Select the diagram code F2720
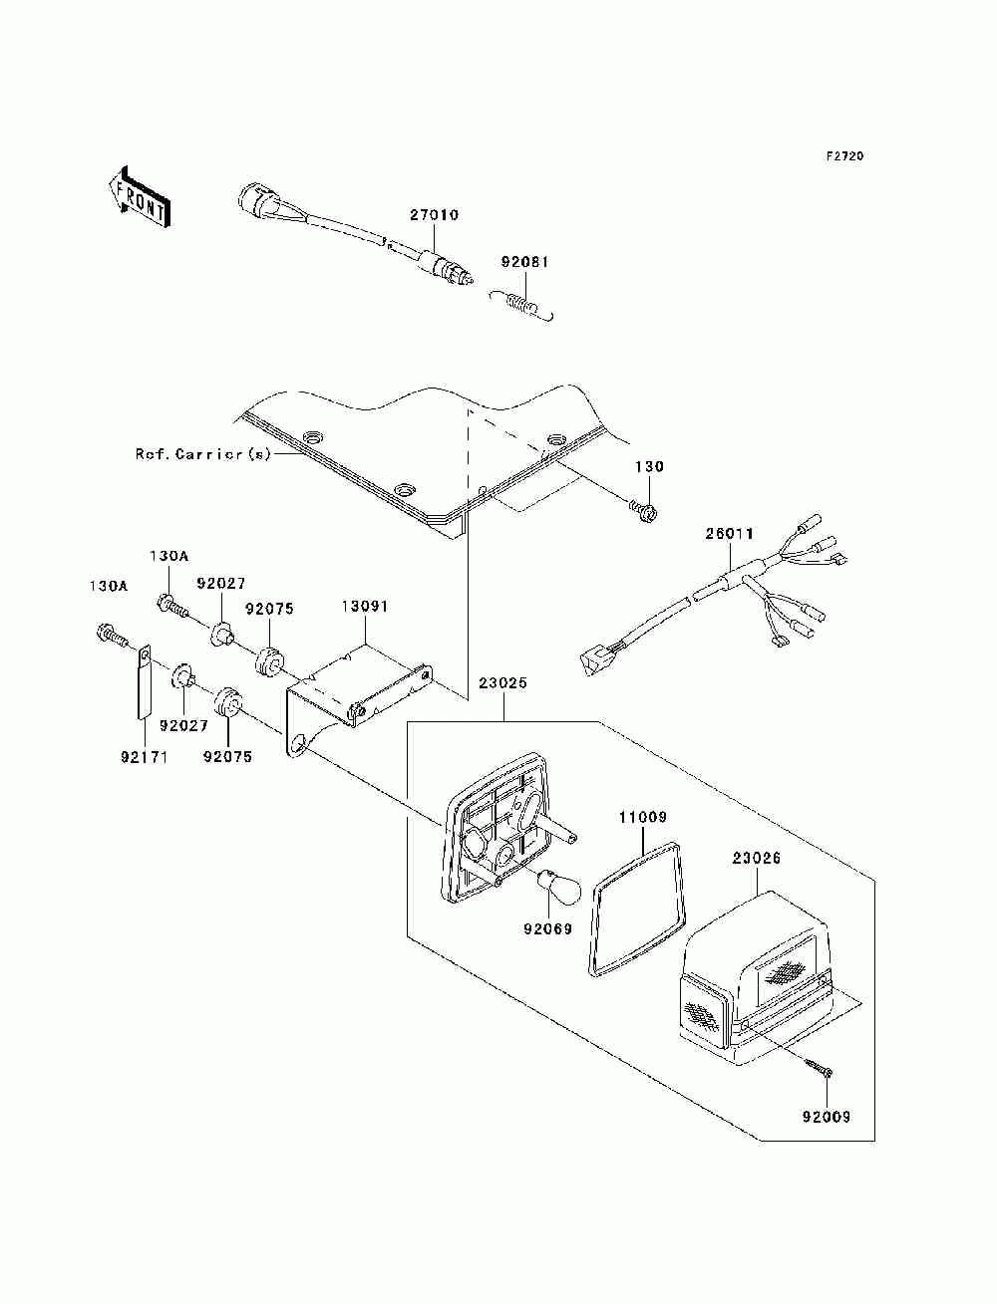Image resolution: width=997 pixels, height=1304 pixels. pos(844,156)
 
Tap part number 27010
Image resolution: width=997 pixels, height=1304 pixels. pos(434,214)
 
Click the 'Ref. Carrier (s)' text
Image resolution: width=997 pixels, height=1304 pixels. pos(202,454)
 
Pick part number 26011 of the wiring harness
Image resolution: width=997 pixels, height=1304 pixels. pos(729,534)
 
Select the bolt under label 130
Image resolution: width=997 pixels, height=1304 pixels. pos(643,507)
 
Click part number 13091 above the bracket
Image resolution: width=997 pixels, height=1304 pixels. pos(365,607)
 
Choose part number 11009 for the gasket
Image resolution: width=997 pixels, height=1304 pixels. pos(643,818)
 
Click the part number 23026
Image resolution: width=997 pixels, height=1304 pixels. pos(756,858)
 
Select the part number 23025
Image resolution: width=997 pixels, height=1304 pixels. pos(502,683)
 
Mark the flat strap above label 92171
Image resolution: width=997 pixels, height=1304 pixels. pos(144,683)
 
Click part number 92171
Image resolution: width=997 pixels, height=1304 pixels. pos(144,757)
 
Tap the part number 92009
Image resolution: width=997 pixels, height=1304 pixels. pos(827,1117)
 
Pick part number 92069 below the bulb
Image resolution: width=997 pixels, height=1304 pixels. pos(547,928)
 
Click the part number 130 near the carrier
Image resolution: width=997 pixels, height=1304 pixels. pos(649,466)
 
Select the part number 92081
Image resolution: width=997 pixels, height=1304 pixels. pos(525,262)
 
